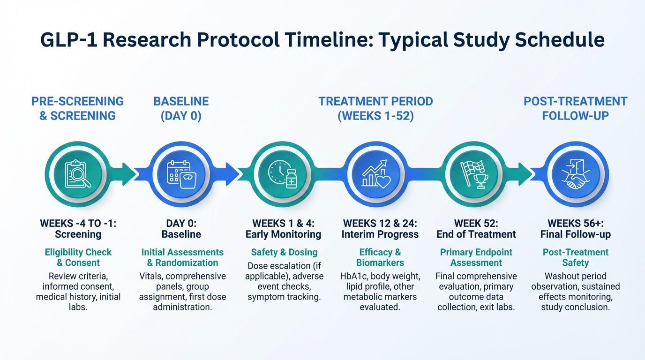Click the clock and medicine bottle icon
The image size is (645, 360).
(283, 174)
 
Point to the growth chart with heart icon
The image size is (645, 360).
(376, 174)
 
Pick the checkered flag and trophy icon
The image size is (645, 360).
(474, 174)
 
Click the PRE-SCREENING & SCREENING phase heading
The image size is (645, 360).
(77, 109)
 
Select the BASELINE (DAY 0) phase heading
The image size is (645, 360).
(181, 109)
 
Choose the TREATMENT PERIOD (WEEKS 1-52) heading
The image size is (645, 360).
(376, 109)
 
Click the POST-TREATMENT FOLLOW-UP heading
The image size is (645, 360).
(575, 109)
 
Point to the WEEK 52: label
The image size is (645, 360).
(476, 223)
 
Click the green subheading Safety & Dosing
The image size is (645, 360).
(284, 252)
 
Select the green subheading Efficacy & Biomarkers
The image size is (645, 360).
(380, 257)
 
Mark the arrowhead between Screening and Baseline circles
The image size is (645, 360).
(129, 174)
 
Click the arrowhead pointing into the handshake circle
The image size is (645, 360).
(525, 174)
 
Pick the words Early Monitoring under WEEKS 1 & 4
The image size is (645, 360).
(283, 234)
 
